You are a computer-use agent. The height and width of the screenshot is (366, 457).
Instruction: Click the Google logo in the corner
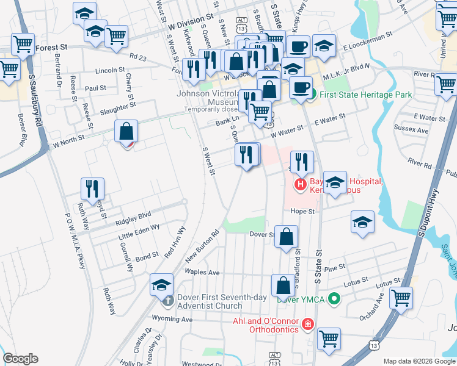20,359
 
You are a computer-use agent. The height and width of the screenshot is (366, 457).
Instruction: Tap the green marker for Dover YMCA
334,299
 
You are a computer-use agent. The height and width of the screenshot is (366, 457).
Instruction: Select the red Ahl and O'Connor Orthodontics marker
307,323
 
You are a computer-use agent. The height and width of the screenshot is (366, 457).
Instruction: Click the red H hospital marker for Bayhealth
300,184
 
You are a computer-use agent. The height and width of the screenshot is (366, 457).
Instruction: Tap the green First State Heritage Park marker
312,95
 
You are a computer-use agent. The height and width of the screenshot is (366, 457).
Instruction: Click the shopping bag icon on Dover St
286,236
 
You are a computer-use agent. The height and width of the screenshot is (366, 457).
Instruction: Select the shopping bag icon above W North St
126,131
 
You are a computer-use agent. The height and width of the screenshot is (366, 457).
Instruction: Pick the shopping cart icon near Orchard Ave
401,298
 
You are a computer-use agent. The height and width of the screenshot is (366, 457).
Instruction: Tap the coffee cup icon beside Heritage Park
301,87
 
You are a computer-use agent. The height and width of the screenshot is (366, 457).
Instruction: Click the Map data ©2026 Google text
419,361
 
